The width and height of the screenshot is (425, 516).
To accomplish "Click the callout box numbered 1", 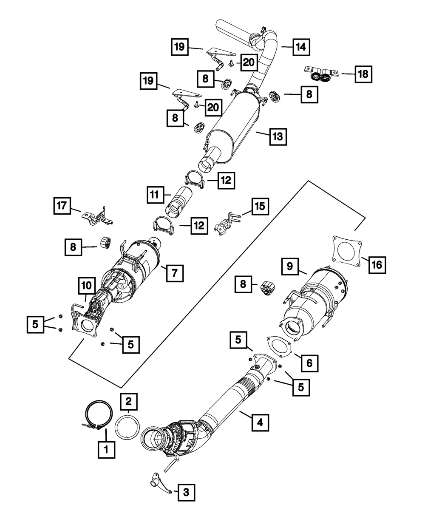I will click(x=106, y=448).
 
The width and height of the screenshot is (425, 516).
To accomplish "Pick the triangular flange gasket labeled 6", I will click(x=278, y=345).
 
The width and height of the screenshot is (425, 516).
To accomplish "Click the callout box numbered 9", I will click(x=289, y=267).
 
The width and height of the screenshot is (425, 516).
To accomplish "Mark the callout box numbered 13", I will click(x=277, y=136).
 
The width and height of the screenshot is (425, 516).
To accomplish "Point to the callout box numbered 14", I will click(x=300, y=47).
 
